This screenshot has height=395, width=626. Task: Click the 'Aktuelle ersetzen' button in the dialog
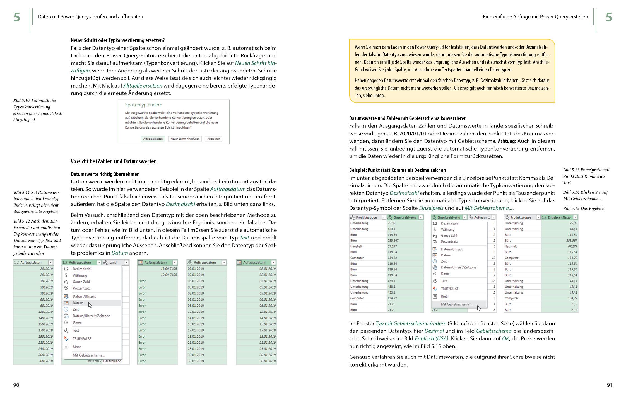153,139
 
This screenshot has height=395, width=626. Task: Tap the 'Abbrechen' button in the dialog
213,139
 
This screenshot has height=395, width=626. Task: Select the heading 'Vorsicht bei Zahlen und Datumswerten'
114,161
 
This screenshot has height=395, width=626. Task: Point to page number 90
16,385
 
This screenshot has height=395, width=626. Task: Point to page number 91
610,385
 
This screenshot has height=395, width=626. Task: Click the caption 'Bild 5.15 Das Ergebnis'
583,209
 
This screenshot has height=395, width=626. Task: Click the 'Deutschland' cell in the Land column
112,361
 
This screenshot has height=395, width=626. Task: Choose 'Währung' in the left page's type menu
80,275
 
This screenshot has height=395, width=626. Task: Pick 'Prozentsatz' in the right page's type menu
449,242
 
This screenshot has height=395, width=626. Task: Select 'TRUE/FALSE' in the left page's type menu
82,339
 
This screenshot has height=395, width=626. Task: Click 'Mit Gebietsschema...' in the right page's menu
456,304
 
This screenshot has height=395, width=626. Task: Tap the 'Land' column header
113,263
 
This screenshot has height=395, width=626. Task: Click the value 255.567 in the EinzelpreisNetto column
393,241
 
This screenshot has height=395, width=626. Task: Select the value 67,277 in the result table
572,246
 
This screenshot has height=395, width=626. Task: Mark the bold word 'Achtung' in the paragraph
507,141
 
